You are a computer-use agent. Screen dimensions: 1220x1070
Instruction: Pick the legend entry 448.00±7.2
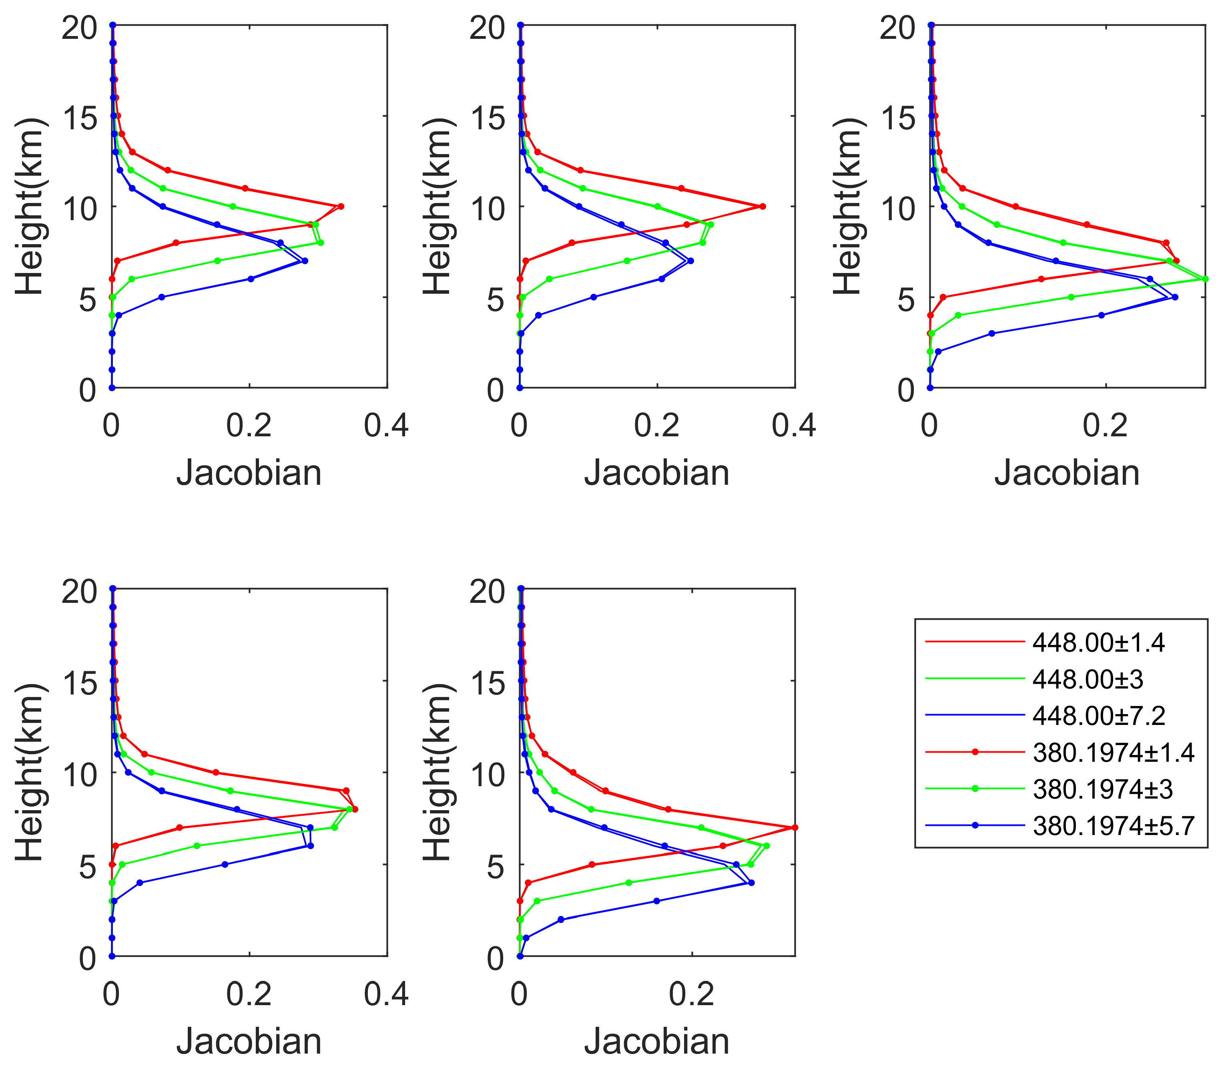pos(1045,715)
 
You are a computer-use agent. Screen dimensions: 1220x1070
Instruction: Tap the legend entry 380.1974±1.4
pos(1059,753)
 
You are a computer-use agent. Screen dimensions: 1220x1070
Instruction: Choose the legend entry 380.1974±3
pos(1049,789)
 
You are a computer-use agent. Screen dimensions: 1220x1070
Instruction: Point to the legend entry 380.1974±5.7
pos(1059,825)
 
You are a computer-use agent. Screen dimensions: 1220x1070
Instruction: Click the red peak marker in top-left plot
pos(341,207)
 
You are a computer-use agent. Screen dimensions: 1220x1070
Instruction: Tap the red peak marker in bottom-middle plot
pos(795,827)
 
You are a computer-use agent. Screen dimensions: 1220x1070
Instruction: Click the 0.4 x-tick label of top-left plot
pos(387,426)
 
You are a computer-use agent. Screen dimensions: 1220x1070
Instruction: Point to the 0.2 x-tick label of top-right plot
pos(1106,426)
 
